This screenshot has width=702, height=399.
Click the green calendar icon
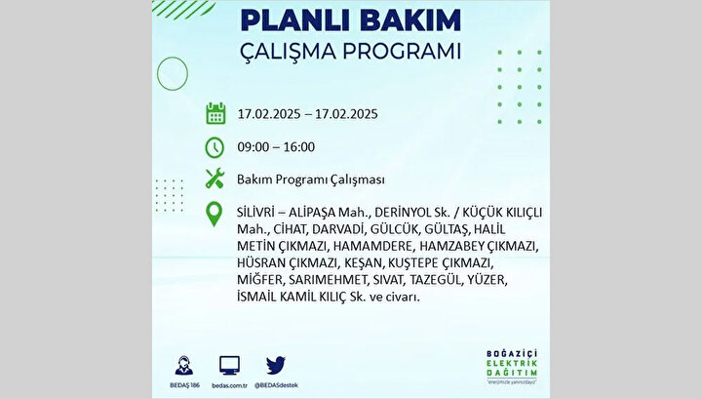215,113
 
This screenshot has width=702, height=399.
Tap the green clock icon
214,147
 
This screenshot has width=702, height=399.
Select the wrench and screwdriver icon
214,179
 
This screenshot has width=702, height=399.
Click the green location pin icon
214,214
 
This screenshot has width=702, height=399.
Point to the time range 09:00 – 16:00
276,147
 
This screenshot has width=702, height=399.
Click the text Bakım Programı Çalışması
311,180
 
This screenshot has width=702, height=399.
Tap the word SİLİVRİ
255,212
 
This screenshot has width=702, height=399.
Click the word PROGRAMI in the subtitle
402,51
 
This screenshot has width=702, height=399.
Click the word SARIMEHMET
328,280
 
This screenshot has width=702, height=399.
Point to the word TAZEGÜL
435,280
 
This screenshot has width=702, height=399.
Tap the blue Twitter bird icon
275,366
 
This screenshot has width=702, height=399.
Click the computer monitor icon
230,366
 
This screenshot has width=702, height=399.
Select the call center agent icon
184,366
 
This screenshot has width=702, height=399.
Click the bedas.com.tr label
230,385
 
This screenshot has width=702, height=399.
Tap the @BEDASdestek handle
276,385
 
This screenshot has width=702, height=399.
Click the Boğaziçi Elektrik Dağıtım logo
512,367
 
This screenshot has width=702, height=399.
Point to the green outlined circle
173,58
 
